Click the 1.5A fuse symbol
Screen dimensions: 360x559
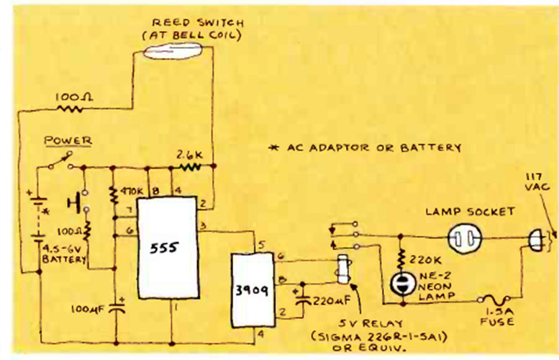[x=498, y=301]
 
